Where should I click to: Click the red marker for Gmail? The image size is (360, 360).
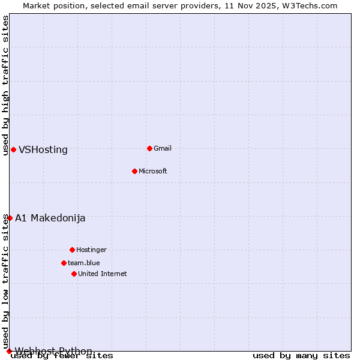pyautogui.click(x=149, y=148)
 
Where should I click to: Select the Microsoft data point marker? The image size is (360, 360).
pyautogui.click(x=134, y=171)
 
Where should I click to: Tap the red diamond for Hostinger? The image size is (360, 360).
pyautogui.click(x=72, y=250)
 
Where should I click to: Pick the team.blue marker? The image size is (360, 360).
pyautogui.click(x=64, y=263)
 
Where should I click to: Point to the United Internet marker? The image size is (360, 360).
pyautogui.click(x=74, y=274)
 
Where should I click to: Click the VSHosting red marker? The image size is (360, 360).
pyautogui.click(x=13, y=149)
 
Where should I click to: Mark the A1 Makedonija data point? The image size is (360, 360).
pyautogui.click(x=10, y=218)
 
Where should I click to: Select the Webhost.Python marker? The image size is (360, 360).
pyautogui.click(x=9, y=351)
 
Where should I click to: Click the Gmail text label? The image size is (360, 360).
pyautogui.click(x=163, y=149)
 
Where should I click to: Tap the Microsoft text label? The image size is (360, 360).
pyautogui.click(x=153, y=172)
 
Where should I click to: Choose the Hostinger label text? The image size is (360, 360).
pyautogui.click(x=91, y=250)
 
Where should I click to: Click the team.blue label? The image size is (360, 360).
pyautogui.click(x=84, y=263)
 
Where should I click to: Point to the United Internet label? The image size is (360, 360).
pyautogui.click(x=103, y=274)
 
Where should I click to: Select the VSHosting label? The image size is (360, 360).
pyautogui.click(x=43, y=150)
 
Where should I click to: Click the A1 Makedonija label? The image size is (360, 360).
pyautogui.click(x=50, y=218)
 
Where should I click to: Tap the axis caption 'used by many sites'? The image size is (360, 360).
pyautogui.click(x=301, y=356)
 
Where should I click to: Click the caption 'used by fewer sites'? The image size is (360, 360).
pyautogui.click(x=62, y=356)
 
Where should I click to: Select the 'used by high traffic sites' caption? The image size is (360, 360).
pyautogui.click(x=6, y=85)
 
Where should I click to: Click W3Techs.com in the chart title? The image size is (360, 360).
pyautogui.click(x=310, y=5)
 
